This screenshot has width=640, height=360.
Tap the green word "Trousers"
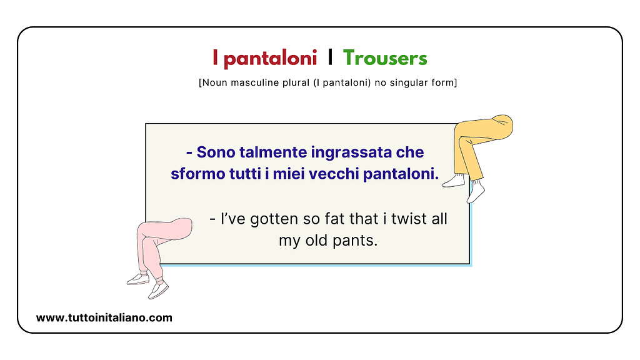(x=385, y=59)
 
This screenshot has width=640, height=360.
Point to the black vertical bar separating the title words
(x=330, y=59)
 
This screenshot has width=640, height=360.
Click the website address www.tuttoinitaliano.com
(x=104, y=317)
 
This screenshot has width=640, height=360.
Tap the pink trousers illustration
(x=159, y=241)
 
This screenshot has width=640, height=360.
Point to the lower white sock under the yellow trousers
(x=477, y=193)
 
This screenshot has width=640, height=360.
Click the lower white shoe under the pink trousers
(x=157, y=291)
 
